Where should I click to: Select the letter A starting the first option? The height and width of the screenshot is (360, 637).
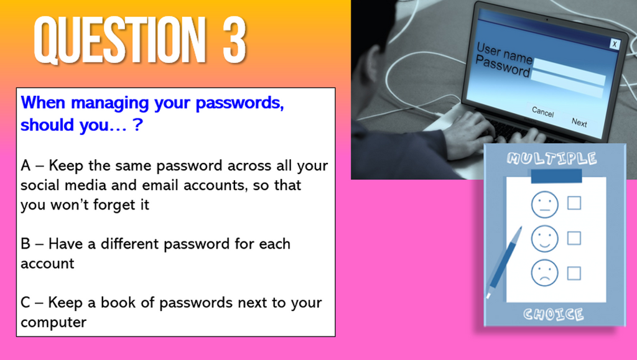(x=26, y=166)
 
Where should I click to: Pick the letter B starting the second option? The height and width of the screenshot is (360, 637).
(x=26, y=244)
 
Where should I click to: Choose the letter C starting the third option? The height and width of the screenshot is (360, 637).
(x=26, y=303)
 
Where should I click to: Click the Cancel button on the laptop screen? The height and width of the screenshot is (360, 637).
(x=542, y=112)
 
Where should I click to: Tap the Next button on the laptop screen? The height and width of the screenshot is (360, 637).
(x=579, y=122)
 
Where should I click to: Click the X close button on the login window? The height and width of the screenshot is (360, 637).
(x=614, y=44)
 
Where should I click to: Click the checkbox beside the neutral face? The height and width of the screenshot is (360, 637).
(x=574, y=203)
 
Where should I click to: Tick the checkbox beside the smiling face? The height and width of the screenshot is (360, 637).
(x=574, y=238)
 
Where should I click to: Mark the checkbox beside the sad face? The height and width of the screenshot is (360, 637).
(x=574, y=273)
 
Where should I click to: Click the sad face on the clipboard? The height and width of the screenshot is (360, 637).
(x=544, y=273)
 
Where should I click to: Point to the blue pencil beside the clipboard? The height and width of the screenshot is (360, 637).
(x=504, y=261)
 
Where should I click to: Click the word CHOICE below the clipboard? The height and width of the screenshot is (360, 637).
(x=553, y=314)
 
